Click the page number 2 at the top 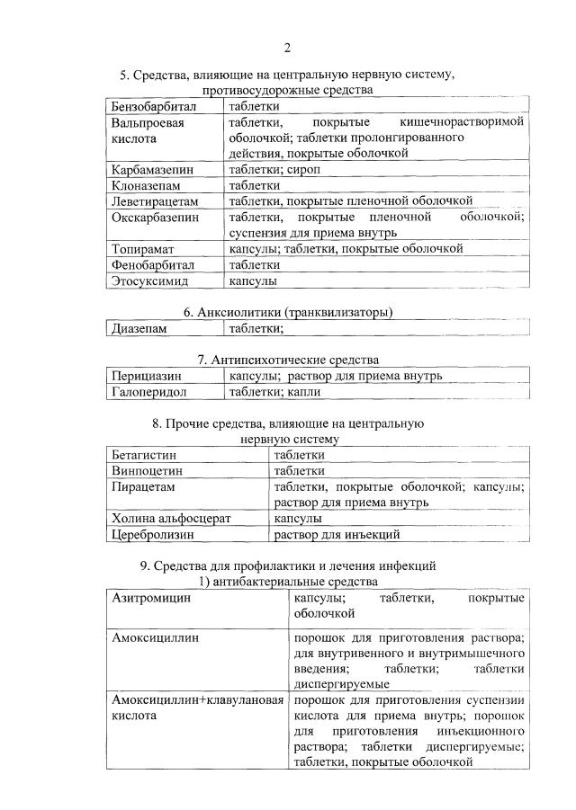tap(287, 48)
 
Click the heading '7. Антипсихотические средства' tap(288, 360)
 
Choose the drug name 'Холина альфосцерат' tap(171, 519)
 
